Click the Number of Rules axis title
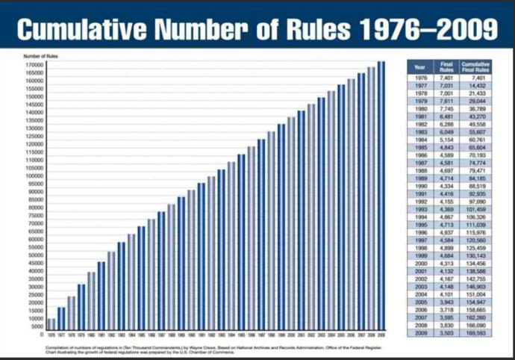coord(42,56)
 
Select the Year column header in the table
coord(420,67)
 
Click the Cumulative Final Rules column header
coord(475,67)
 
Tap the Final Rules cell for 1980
coord(447,108)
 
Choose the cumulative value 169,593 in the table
coord(475,332)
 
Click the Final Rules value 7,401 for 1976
coord(447,78)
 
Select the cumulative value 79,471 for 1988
coord(475,170)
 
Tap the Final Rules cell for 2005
coord(447,302)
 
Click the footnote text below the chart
coord(216,350)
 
